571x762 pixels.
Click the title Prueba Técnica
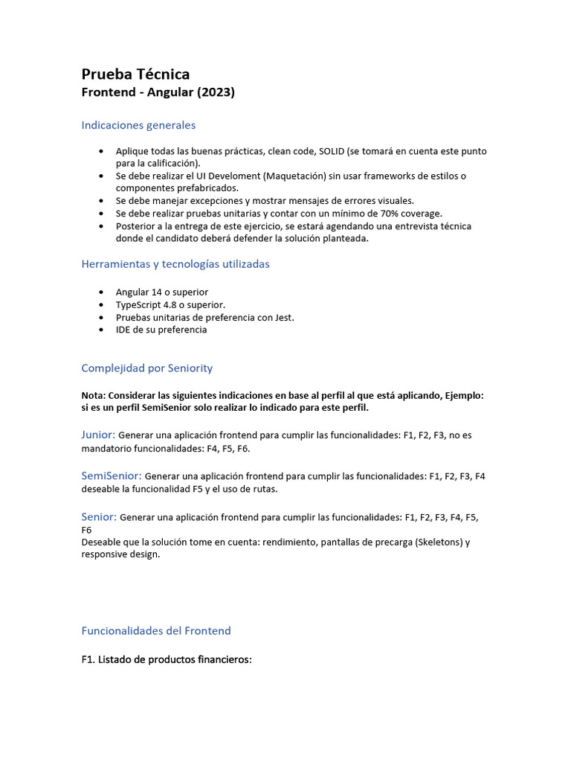[135, 74]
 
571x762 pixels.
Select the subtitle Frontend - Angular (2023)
[158, 92]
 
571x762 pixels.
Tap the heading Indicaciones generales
[138, 125]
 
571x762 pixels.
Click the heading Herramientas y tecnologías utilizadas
[175, 264]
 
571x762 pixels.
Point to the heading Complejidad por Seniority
[146, 368]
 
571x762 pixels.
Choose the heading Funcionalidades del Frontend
[156, 631]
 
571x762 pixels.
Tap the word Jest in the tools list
[283, 318]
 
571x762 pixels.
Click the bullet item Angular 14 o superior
[162, 292]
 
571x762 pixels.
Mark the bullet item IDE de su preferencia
[161, 330]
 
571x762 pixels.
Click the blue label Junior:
[98, 435]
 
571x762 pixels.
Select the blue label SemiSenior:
[112, 476]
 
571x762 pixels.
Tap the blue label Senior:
[99, 516]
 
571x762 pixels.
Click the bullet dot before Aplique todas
[101, 151]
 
